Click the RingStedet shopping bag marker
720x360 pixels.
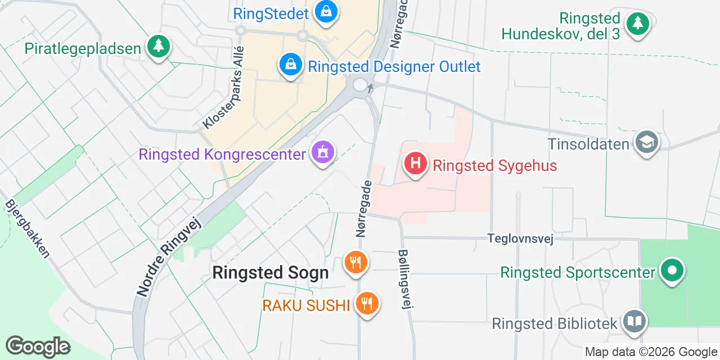[x=325, y=12]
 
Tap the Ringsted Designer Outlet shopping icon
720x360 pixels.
[x=290, y=65]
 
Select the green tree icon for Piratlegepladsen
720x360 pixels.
[x=159, y=47]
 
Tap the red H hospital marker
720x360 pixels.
[x=416, y=164]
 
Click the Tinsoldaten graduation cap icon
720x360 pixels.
[x=647, y=143]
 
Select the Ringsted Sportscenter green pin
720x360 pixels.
[x=671, y=271]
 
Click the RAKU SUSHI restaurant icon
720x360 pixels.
[x=367, y=304]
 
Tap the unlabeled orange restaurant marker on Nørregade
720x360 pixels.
[x=355, y=262]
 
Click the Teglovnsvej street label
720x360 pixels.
[x=520, y=239]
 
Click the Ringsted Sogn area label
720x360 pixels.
[x=270, y=273]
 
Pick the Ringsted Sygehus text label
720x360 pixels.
[x=494, y=165]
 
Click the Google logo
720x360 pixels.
[x=38, y=346]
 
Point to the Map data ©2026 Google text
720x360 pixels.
[x=651, y=352]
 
